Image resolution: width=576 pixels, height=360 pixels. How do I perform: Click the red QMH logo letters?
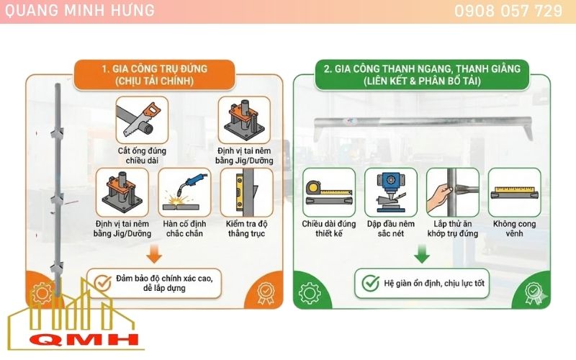coord(76,339)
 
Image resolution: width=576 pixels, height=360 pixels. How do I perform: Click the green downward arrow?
coord(422,253)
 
